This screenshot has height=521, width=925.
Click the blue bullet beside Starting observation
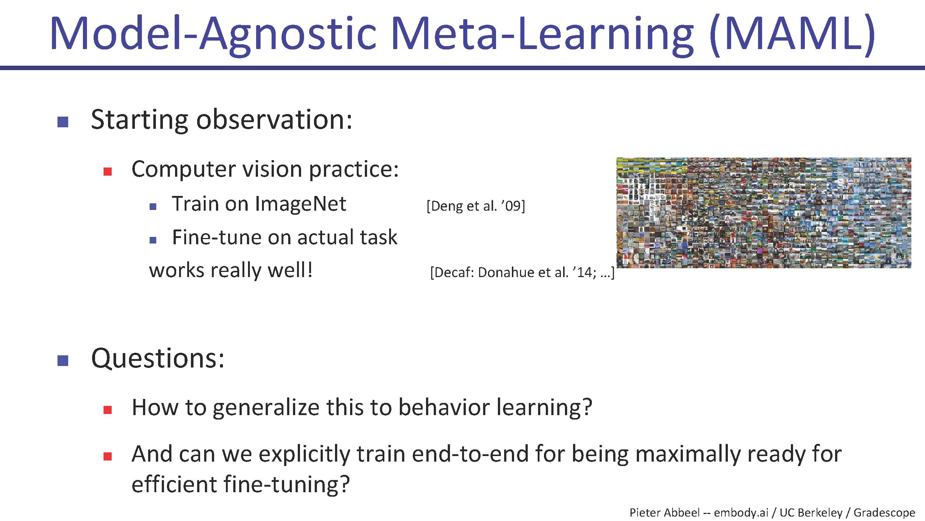63,122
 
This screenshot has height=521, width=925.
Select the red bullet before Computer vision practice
108,172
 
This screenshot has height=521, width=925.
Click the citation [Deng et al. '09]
476,206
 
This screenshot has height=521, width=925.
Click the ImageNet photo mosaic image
764,213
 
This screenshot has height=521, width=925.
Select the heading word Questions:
158,358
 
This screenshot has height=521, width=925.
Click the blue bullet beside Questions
63,360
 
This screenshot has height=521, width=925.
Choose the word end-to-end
470,454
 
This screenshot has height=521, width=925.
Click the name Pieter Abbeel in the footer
664,513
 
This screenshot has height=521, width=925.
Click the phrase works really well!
231,270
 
